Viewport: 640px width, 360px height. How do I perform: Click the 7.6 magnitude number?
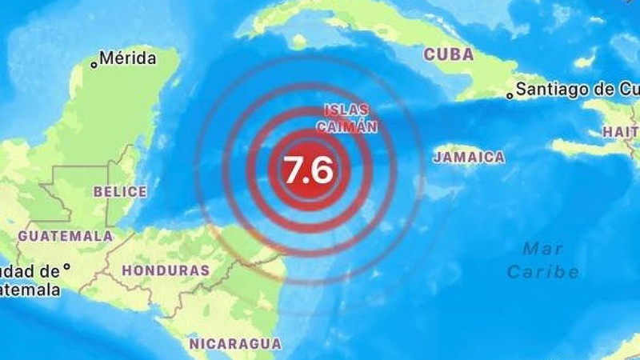[x=308, y=170]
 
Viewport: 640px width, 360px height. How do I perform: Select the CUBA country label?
[x=449, y=54]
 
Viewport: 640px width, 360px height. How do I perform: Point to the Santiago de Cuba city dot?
[x=510, y=95]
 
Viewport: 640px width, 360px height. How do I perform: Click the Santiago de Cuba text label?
[x=576, y=90]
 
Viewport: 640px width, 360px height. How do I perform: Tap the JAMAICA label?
[x=470, y=158]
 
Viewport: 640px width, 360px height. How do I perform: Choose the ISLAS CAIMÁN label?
[x=347, y=118]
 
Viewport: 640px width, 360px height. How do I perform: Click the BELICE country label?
[x=121, y=192]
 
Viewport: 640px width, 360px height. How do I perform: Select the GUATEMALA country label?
[x=66, y=236]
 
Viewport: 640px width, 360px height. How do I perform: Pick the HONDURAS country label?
[x=166, y=271]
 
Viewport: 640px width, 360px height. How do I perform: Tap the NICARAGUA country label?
[x=235, y=344]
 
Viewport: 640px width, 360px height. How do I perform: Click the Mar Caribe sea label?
[x=543, y=260]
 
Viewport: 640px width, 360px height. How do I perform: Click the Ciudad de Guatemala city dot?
[x=67, y=267]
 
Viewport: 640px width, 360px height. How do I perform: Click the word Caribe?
[x=543, y=272]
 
